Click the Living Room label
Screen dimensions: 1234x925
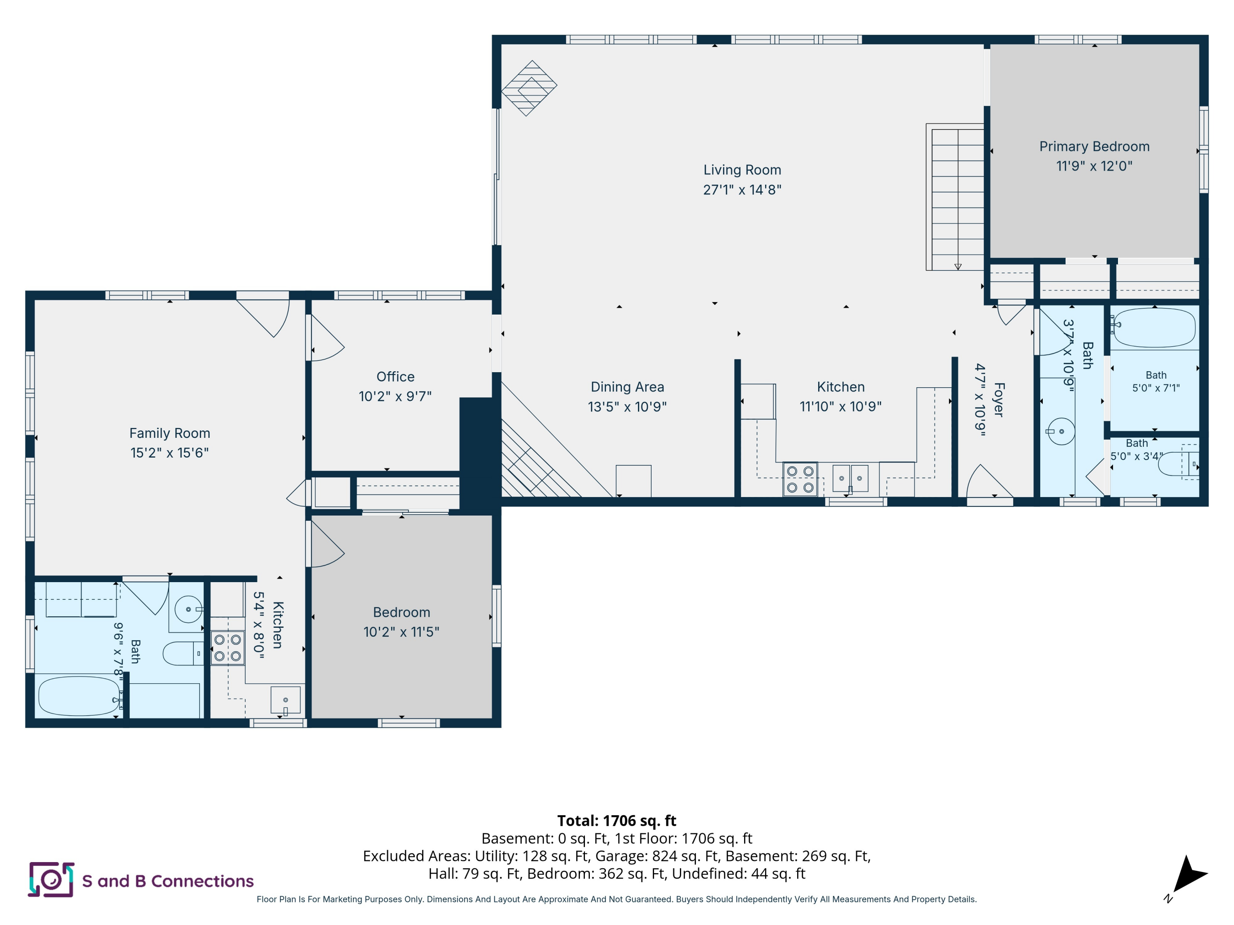tap(742, 170)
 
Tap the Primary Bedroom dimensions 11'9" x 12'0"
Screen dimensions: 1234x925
tap(1094, 166)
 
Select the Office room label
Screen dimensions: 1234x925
tap(396, 377)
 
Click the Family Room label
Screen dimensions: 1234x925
tap(169, 433)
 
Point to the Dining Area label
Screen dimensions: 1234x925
tap(627, 387)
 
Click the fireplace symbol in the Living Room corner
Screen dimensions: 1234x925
tap(529, 88)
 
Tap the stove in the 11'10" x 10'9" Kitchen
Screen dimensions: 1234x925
tap(800, 479)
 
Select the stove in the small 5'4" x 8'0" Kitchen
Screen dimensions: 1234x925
tap(227, 648)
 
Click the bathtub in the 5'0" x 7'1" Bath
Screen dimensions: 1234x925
tap(1154, 328)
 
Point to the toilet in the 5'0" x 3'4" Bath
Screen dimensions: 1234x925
tap(1178, 464)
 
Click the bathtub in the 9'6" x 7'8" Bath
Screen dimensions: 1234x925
tap(79, 696)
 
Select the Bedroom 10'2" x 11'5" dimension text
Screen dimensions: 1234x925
tap(401, 632)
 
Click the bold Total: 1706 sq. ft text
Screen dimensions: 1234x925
tap(617, 821)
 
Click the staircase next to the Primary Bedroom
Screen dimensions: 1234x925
tap(955, 197)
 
